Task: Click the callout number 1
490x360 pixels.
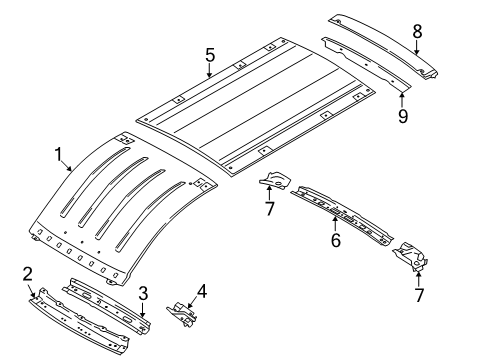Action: tap(59, 155)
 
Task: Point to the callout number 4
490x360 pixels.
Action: tap(203, 292)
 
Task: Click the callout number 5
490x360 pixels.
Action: tap(210, 56)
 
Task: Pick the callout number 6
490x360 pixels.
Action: tap(335, 240)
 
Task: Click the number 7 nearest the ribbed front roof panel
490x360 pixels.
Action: tap(268, 207)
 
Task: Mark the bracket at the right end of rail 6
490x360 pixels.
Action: tap(412, 257)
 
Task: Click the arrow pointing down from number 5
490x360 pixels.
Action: tap(210, 72)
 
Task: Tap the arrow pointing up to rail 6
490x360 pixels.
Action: tap(335, 222)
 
